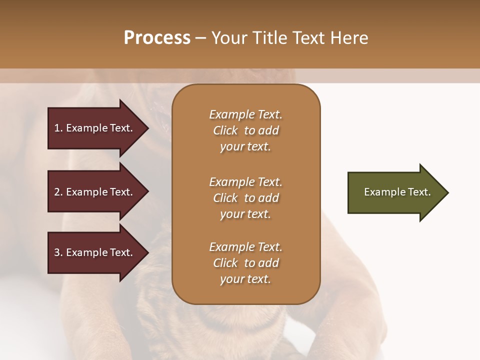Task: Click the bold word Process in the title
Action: click(x=157, y=38)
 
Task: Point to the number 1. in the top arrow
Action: click(x=58, y=128)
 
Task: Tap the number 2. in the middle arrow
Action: click(x=58, y=192)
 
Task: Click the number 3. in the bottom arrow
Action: click(x=58, y=252)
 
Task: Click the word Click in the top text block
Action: click(x=225, y=130)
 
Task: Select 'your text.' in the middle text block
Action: click(x=245, y=214)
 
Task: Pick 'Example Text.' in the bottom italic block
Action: click(x=245, y=247)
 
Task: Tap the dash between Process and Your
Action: click(x=200, y=38)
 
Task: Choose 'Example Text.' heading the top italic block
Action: click(x=245, y=114)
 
